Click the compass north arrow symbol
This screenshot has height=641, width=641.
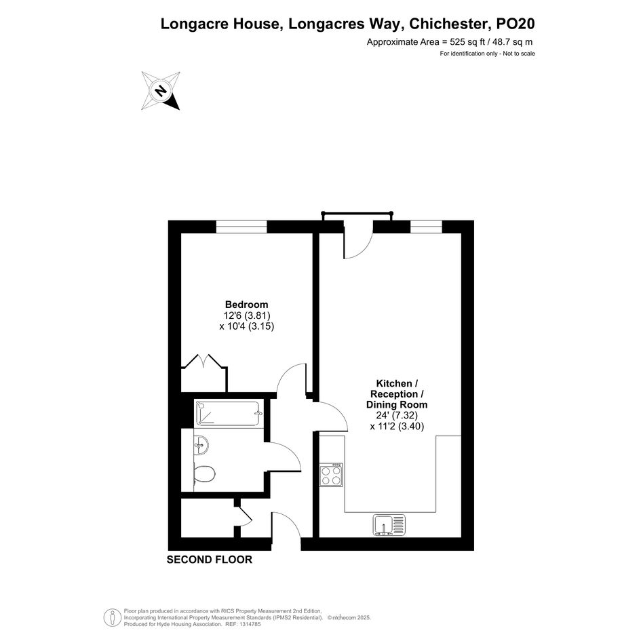pyautogui.click(x=161, y=90)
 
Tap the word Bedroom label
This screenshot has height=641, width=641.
pyautogui.click(x=246, y=305)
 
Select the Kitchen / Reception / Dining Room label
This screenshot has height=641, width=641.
pyautogui.click(x=397, y=394)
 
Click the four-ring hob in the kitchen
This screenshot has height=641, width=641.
pyautogui.click(x=331, y=475)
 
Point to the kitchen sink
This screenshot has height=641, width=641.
pyautogui.click(x=389, y=524)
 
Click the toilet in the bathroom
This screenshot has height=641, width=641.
pyautogui.click(x=203, y=474)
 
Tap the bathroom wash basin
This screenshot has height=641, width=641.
pyautogui.click(x=201, y=444)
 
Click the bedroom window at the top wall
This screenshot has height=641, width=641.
pyautogui.click(x=241, y=227)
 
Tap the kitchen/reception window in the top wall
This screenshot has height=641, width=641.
pyautogui.click(x=427, y=227)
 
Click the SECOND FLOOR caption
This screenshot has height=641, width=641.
pyautogui.click(x=210, y=560)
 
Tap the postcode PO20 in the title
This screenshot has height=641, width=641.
pyautogui.click(x=515, y=24)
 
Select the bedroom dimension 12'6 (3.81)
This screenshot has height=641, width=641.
pyautogui.click(x=247, y=315)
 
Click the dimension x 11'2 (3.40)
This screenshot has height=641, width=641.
pyautogui.click(x=397, y=427)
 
